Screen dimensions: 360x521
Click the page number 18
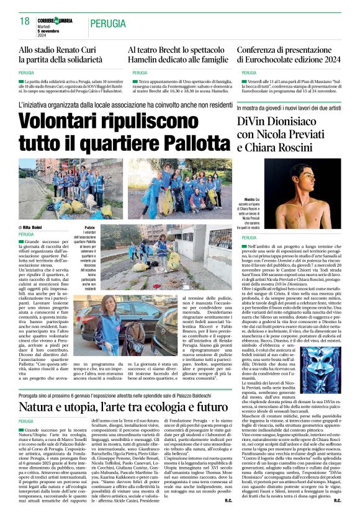pos(25,21)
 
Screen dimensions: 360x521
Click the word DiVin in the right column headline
pos(256,122)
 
